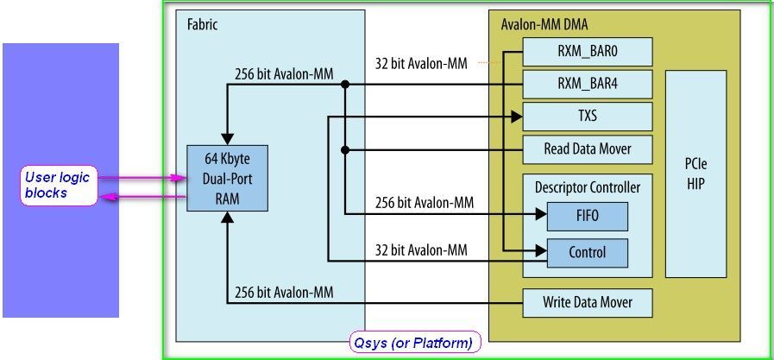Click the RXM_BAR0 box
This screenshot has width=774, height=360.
pyautogui.click(x=588, y=53)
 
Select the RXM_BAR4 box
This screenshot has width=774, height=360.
pyautogui.click(x=588, y=84)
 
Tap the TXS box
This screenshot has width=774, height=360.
pyautogui.click(x=588, y=116)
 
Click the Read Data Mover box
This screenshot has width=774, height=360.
pyautogui.click(x=588, y=148)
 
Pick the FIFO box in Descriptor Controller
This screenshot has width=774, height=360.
pyautogui.click(x=587, y=215)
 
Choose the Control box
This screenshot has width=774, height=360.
pyautogui.click(x=587, y=252)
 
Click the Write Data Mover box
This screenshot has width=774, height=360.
pyautogui.click(x=588, y=302)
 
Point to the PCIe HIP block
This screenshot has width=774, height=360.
pyautogui.click(x=696, y=174)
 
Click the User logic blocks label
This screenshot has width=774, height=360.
pyautogui.click(x=58, y=185)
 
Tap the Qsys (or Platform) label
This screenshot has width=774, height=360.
pyautogui.click(x=414, y=343)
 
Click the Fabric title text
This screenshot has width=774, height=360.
pyautogui.click(x=203, y=25)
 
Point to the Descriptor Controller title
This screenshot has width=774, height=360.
pyautogui.click(x=587, y=186)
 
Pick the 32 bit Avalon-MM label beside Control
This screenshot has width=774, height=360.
pyautogui.click(x=420, y=250)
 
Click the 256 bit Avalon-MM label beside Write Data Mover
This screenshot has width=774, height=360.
pyautogui.click(x=284, y=293)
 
